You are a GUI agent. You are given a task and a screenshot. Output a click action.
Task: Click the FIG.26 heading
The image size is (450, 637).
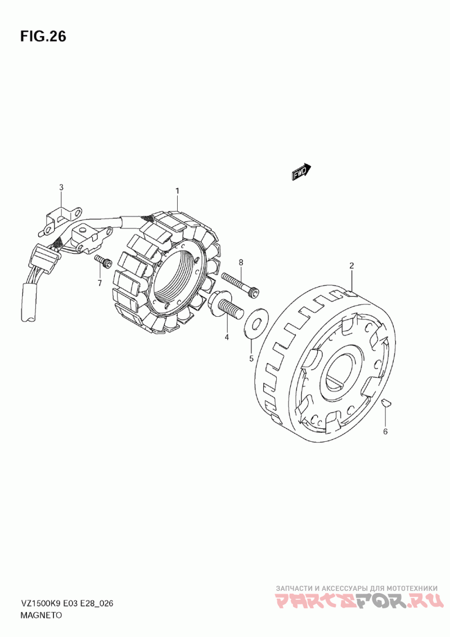43,37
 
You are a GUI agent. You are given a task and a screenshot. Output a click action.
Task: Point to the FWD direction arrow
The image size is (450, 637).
301,172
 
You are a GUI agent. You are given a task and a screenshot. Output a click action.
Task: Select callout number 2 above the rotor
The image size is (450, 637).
351,266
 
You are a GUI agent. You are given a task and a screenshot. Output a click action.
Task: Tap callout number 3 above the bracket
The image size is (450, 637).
62,187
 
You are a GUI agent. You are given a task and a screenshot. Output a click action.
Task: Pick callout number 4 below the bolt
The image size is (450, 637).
227,338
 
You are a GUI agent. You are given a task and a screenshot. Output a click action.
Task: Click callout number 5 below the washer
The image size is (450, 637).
251,358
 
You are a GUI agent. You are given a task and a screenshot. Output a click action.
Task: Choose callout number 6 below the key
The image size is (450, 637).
385,432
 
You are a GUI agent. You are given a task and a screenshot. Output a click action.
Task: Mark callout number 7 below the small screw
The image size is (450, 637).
100,283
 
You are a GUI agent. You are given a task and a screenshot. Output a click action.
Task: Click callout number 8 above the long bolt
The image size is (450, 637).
240,262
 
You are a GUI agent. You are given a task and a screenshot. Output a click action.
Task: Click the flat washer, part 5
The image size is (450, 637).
256,324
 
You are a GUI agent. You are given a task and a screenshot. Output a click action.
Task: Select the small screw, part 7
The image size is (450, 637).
101,261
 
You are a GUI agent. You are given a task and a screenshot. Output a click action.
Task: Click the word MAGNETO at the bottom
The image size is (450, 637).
42,616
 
